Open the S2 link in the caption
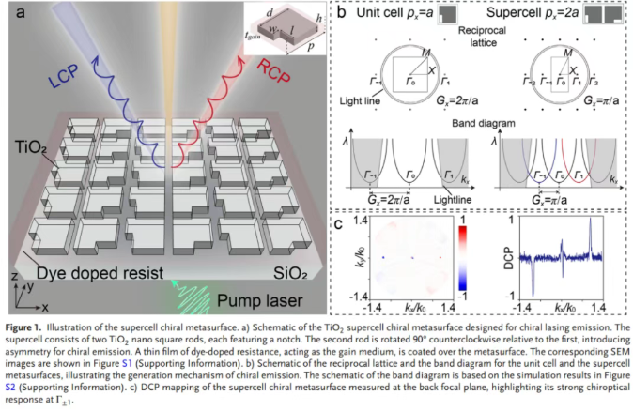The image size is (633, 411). point(13,382)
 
